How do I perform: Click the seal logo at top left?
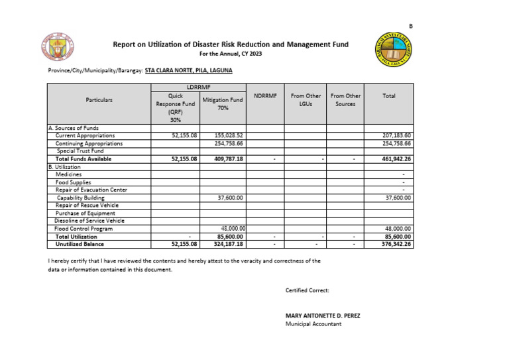(x=58, y=48)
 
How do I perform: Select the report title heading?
(x=231, y=44)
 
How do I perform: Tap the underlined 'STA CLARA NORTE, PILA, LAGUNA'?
(x=188, y=70)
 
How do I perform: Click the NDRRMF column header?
(x=264, y=96)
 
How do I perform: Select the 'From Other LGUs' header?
(x=305, y=100)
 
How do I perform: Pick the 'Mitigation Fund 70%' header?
(x=222, y=103)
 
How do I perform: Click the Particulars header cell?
(x=99, y=100)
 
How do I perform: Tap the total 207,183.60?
(x=396, y=135)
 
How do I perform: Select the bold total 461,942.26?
(x=396, y=159)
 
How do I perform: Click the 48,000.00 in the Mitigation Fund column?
(x=232, y=229)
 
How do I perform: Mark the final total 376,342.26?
(x=396, y=244)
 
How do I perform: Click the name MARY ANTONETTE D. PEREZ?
(x=323, y=316)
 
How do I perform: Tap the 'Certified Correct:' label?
(x=307, y=290)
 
